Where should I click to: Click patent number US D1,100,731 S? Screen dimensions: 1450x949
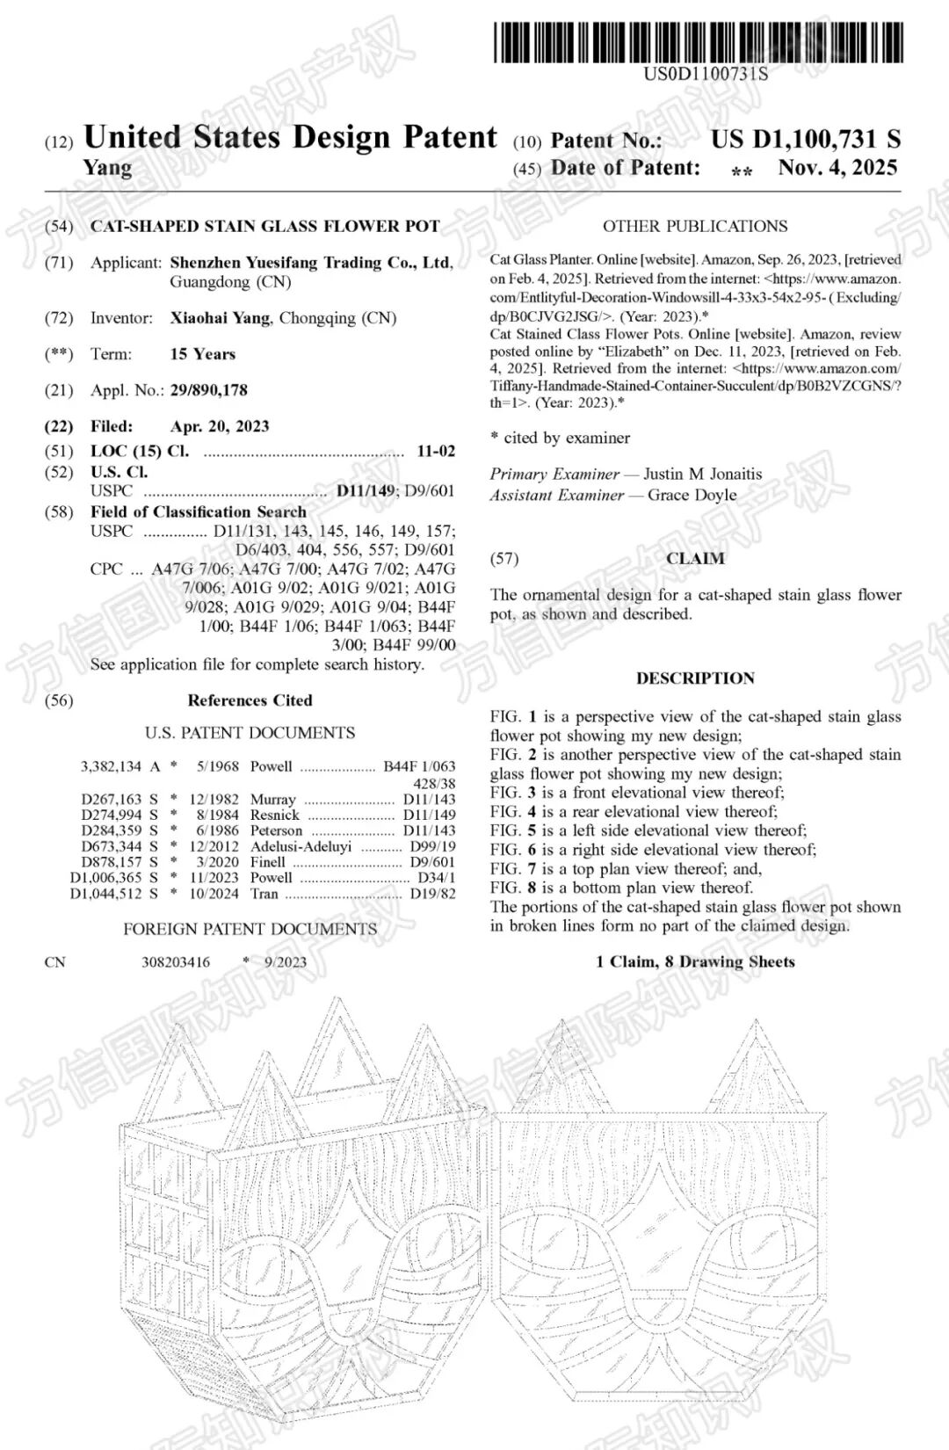pyautogui.click(x=805, y=139)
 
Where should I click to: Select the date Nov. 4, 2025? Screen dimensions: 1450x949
pyautogui.click(x=837, y=167)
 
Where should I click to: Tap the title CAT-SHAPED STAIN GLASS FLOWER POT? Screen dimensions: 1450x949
pyautogui.click(x=264, y=226)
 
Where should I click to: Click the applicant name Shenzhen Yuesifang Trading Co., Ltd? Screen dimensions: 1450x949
pyautogui.click(x=311, y=262)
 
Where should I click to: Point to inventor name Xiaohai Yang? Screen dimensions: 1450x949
pyautogui.click(x=220, y=317)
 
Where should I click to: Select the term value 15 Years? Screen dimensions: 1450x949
pyautogui.click(x=203, y=354)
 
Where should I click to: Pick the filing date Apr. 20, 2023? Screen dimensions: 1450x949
pyautogui.click(x=220, y=426)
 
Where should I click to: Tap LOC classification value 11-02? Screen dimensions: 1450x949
pyautogui.click(x=436, y=451)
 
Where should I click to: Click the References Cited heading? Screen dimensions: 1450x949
pyautogui.click(x=250, y=700)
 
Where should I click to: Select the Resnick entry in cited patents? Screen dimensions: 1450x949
pyautogui.click(x=274, y=815)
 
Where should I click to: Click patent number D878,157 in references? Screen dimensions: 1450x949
pyautogui.click(x=112, y=862)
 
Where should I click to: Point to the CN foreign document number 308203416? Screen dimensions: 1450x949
pyautogui.click(x=176, y=961)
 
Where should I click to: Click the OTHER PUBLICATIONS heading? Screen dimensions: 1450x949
pyautogui.click(x=695, y=226)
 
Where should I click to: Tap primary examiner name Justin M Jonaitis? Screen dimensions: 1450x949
pyautogui.click(x=703, y=474)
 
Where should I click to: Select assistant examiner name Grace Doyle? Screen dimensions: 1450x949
pyautogui.click(x=692, y=495)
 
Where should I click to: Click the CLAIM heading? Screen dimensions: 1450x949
pyautogui.click(x=695, y=558)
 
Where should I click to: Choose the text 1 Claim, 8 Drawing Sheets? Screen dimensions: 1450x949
pyautogui.click(x=695, y=961)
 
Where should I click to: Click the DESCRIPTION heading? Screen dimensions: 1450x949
pyautogui.click(x=695, y=678)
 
